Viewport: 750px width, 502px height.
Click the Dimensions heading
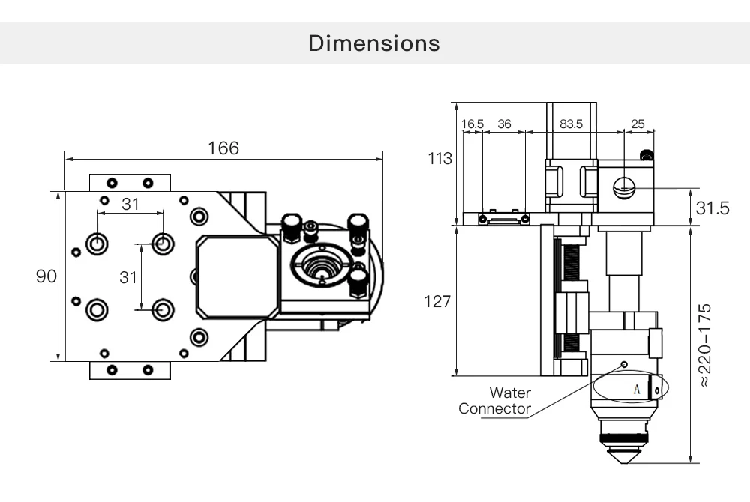(374, 43)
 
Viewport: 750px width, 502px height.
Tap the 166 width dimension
(223, 148)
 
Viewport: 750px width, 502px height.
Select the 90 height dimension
(46, 276)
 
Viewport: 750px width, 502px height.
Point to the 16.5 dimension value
(472, 124)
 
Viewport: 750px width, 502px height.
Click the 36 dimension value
(504, 124)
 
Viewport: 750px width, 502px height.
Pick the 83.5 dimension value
(574, 124)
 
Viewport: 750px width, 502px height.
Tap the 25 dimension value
(637, 124)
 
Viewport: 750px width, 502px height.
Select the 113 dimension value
(440, 159)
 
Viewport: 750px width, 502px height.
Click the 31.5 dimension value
(712, 208)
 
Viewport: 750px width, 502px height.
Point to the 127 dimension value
(437, 301)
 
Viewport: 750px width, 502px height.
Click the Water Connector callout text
(496, 401)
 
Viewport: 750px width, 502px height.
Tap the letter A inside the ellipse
(637, 389)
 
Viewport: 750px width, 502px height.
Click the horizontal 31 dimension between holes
(130, 204)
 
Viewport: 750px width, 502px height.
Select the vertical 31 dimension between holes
(128, 277)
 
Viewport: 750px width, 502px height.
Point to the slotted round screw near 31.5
(624, 187)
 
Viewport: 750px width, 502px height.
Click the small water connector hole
(623, 364)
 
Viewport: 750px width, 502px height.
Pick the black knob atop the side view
(645, 155)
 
